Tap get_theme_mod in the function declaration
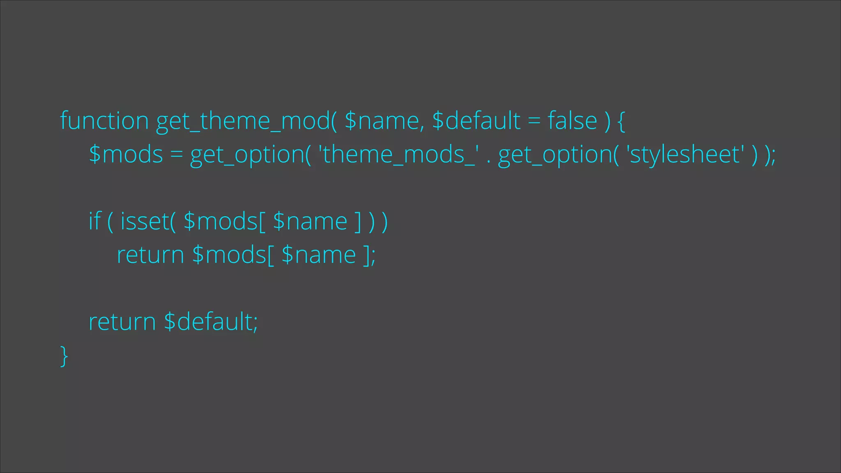(243, 122)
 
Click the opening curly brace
(621, 122)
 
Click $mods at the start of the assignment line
(126, 154)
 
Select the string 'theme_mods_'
(398, 154)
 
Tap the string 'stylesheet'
(685, 154)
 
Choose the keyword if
(94, 222)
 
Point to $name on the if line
(310, 222)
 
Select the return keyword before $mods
(150, 255)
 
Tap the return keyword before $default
(122, 321)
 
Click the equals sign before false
(534, 122)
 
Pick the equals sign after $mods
(177, 155)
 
